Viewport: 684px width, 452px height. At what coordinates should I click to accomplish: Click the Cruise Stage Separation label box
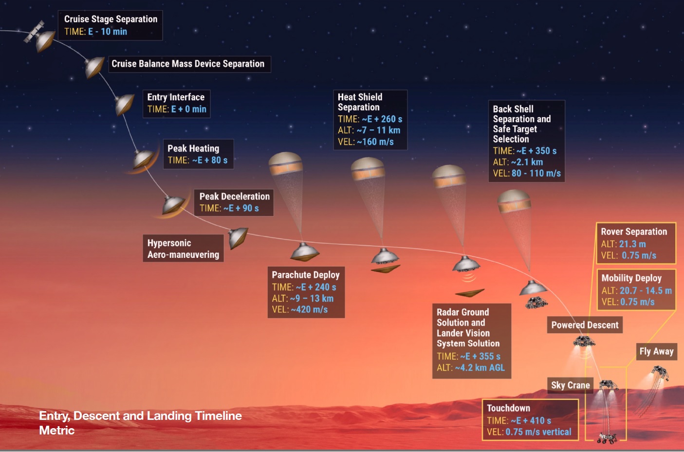point(110,25)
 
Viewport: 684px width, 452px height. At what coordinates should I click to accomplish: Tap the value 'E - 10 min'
point(108,32)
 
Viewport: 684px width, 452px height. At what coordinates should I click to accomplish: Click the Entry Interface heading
point(176,97)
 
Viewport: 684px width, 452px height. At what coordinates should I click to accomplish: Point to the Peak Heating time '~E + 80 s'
point(210,160)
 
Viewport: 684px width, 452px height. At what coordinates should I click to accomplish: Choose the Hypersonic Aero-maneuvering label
point(183,248)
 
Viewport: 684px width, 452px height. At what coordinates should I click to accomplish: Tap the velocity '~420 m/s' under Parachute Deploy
point(309,309)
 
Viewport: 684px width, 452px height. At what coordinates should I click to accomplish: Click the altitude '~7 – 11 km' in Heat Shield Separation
point(378,130)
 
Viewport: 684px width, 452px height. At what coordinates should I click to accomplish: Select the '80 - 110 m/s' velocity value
point(536,173)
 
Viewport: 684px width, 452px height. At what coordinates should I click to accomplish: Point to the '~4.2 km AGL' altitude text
point(480,368)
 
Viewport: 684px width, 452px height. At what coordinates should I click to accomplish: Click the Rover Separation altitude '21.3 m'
point(632,244)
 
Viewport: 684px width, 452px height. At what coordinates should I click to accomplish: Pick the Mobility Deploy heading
point(631,278)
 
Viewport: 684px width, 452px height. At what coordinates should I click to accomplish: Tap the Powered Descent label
point(585,325)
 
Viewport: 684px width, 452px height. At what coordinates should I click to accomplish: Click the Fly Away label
point(657,352)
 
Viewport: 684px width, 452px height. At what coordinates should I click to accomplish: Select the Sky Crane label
point(571,385)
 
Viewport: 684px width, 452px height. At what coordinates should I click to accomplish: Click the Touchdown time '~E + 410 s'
point(531,420)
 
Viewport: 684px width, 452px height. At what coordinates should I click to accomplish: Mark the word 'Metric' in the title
point(57,431)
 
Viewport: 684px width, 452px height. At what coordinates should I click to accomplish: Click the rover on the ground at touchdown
point(607,438)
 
